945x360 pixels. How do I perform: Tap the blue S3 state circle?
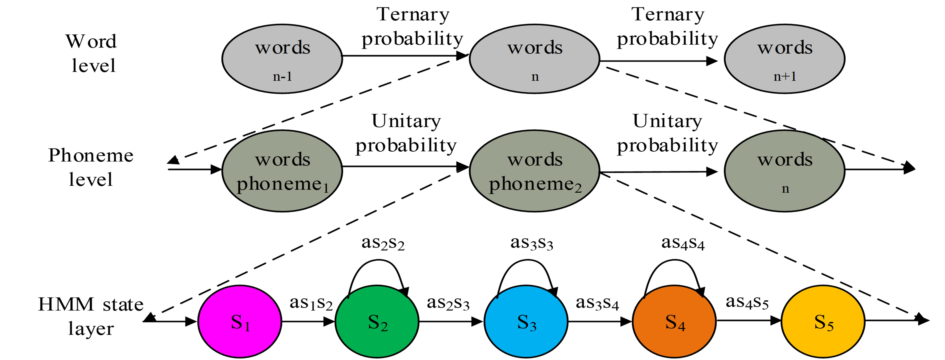pyautogui.click(x=526, y=322)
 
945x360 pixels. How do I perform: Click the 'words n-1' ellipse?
pyautogui.click(x=282, y=59)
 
